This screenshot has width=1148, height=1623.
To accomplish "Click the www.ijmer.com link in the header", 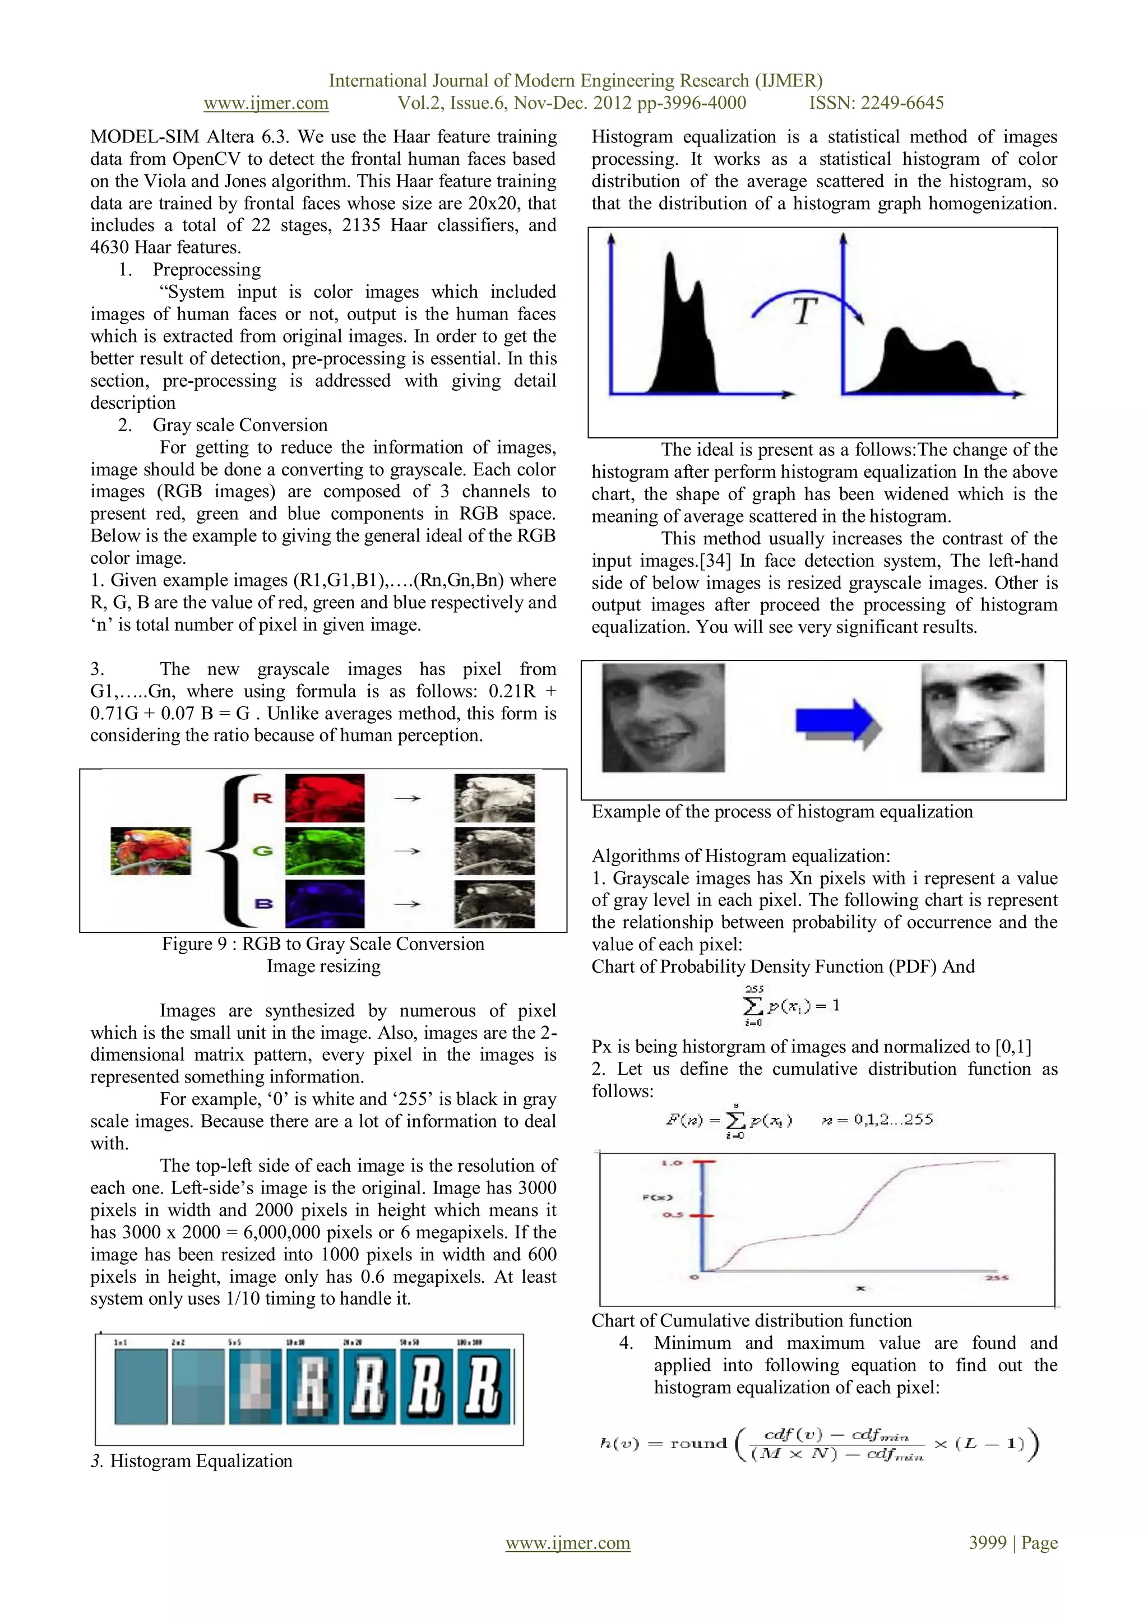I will pos(266,103).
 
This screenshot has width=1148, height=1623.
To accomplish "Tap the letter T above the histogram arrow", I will pos(805,312).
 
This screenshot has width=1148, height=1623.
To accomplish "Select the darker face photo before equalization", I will pos(663,718).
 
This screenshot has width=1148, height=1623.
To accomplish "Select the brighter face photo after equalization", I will pos(982,718).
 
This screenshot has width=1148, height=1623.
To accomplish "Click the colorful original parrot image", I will pos(151,851).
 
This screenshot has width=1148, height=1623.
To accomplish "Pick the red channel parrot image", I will pos(325,798).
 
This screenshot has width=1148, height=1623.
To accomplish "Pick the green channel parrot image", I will pos(325,851).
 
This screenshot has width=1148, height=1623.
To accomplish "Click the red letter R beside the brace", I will pos(262,798).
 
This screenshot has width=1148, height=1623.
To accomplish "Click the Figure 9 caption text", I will pos(323,945).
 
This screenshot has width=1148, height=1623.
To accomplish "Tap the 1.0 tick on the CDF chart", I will pos(671,1163).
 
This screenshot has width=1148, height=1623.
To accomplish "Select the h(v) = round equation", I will pos(818,1444).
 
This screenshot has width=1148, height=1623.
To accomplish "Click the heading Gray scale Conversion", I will pos(240,425).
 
